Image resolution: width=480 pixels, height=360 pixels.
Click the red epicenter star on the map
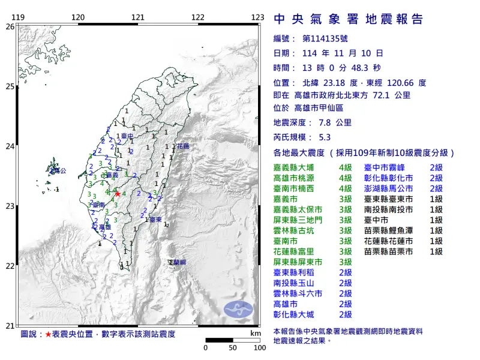(x=118, y=194)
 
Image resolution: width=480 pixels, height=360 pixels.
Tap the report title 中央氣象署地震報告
(x=348, y=19)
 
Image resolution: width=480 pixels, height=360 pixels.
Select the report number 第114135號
(x=325, y=38)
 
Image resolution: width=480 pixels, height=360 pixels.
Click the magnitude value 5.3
(x=325, y=137)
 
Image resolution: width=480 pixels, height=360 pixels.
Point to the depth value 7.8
(x=325, y=122)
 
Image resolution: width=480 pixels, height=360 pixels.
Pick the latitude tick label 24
(x=10, y=146)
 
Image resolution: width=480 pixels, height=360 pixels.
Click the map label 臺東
(x=155, y=221)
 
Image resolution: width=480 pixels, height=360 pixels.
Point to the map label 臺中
(x=127, y=137)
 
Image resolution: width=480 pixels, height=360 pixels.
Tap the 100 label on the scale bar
(x=259, y=348)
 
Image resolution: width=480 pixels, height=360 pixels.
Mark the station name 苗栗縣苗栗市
(x=388, y=251)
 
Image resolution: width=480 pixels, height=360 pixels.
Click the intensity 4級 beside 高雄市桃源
(x=345, y=178)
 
